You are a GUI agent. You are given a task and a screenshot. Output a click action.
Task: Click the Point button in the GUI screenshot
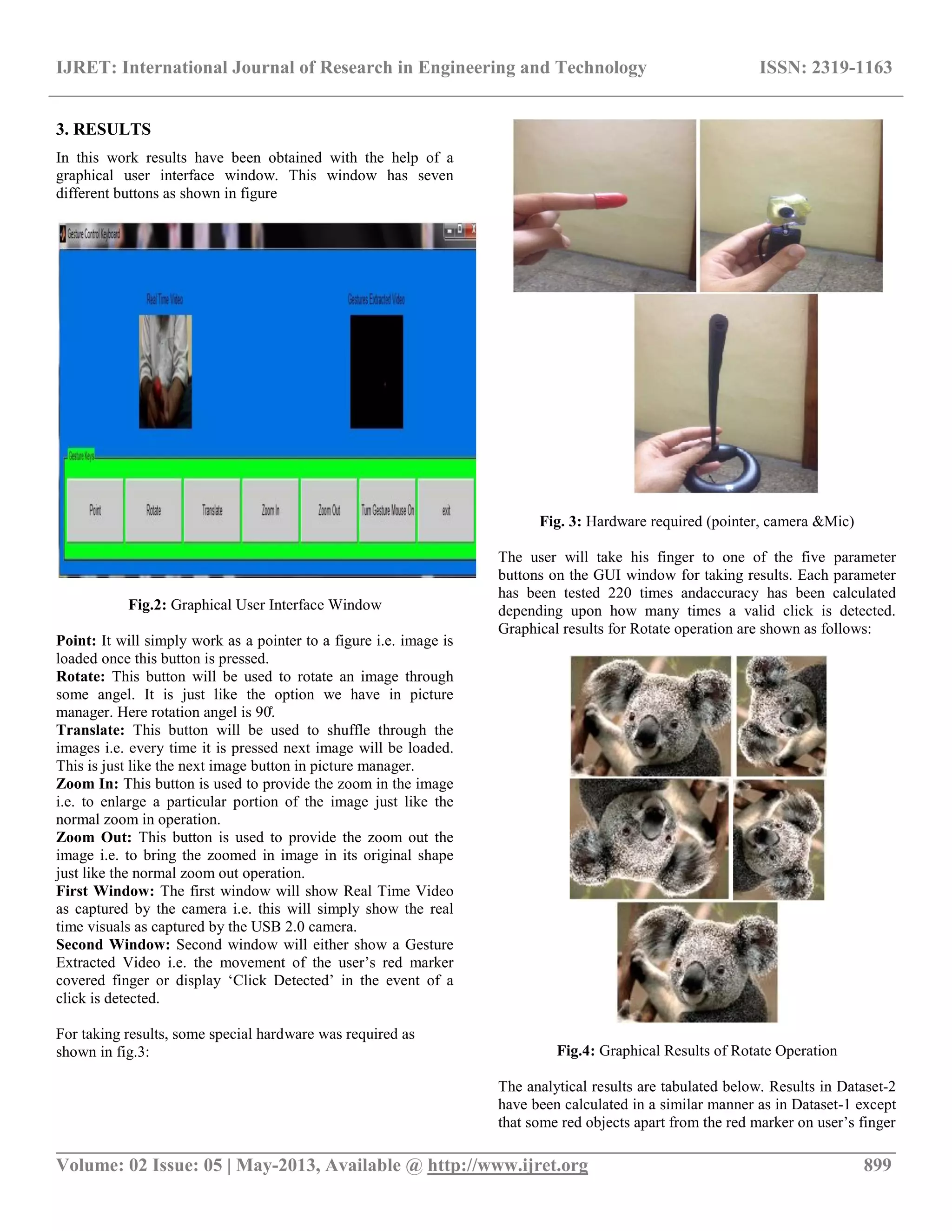[x=95, y=510]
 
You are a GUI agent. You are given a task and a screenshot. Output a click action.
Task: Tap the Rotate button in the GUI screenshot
[x=153, y=510]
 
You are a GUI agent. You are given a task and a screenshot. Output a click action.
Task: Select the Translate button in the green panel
[x=212, y=510]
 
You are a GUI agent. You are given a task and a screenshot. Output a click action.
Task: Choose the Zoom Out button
[x=329, y=510]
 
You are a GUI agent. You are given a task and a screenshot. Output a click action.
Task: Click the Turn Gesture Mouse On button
[x=388, y=510]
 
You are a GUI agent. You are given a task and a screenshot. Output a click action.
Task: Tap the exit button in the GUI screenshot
[x=445, y=510]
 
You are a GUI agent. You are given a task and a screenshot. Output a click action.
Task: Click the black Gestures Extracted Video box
[x=376, y=372]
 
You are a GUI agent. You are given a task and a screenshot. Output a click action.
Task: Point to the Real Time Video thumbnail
[x=165, y=372]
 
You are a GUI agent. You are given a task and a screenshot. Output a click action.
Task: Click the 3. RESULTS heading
[x=103, y=129]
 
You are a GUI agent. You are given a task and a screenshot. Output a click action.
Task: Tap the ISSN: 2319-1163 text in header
[x=825, y=68]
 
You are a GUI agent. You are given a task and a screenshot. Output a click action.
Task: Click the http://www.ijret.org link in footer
[x=507, y=1165]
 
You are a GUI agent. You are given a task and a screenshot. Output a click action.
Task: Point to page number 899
[x=877, y=1165]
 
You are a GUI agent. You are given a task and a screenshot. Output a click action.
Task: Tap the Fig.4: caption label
[x=576, y=1051]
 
